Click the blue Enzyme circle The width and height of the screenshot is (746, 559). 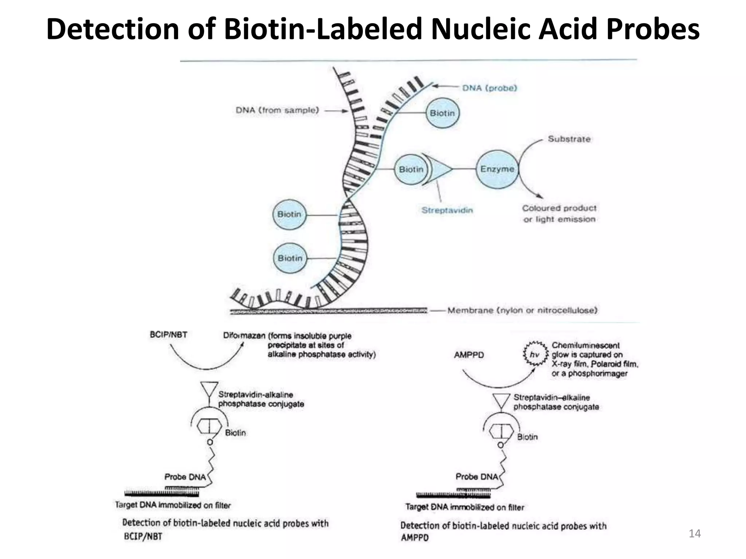(497, 169)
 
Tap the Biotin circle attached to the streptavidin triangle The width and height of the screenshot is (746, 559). (411, 169)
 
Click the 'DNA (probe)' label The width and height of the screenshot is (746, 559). (490, 88)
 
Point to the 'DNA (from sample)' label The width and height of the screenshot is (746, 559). (277, 110)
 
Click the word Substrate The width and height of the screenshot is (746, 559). (569, 139)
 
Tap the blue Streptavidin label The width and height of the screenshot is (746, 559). (447, 210)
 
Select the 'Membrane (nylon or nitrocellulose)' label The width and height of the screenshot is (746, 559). (522, 310)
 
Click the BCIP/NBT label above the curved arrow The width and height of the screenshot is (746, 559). (168, 334)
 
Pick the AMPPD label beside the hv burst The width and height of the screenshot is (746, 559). (469, 355)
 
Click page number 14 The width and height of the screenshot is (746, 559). (695, 534)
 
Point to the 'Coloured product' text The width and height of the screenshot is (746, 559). (559, 208)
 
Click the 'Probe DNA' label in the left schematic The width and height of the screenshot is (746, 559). (185, 477)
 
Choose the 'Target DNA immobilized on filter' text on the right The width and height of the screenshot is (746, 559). (465, 507)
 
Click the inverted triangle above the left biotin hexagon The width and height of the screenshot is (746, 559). (209, 389)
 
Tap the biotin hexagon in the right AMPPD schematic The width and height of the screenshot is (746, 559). (501, 432)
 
